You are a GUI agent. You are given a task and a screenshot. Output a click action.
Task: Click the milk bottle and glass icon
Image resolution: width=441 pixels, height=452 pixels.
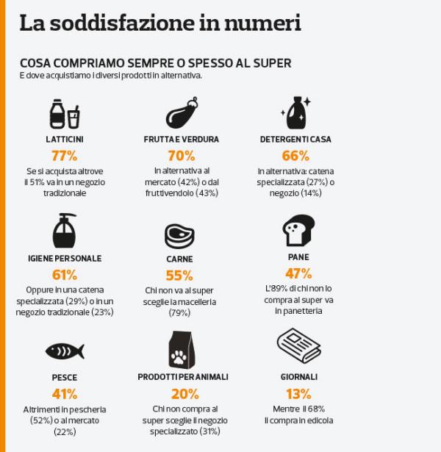[x=64, y=114]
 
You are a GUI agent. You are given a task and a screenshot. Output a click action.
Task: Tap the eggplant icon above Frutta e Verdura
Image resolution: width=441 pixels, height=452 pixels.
[x=181, y=114]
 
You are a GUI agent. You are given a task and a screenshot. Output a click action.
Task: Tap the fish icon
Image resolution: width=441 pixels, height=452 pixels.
[x=64, y=349]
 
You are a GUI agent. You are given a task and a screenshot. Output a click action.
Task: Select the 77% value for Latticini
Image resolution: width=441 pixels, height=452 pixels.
[x=64, y=155]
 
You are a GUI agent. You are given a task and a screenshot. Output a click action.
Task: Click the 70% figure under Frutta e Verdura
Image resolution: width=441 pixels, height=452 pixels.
[x=181, y=155]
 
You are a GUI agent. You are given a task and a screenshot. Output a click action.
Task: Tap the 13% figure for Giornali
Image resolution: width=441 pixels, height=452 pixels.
[x=298, y=393]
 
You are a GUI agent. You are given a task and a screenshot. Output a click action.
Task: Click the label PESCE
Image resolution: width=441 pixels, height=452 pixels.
[x=65, y=377]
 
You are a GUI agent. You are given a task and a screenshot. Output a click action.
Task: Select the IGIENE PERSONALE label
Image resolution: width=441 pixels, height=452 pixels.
[x=65, y=259]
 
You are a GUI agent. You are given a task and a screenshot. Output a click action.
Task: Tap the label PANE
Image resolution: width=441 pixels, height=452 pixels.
[x=298, y=257]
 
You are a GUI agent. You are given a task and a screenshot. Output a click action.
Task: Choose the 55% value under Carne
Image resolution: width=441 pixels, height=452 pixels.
[x=180, y=276]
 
